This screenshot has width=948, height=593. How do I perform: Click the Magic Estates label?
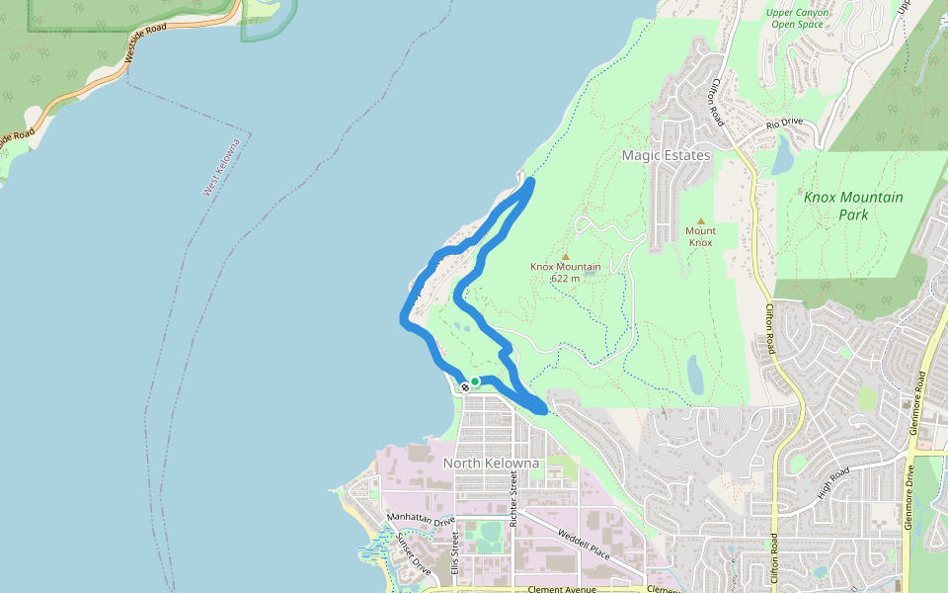(x=666, y=156)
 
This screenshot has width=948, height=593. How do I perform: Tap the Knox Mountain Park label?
(x=853, y=206)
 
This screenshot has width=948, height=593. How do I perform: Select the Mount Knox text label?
(x=700, y=236)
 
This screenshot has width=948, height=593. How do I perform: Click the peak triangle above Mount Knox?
(x=700, y=221)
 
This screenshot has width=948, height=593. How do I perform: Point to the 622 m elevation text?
(x=565, y=278)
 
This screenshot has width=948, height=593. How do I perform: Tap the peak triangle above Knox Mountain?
(x=566, y=256)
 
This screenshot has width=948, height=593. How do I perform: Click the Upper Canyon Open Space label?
(x=797, y=18)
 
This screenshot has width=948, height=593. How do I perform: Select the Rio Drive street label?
(x=785, y=125)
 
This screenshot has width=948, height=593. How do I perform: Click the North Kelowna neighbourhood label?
(x=491, y=463)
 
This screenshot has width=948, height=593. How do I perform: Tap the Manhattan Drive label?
(x=422, y=518)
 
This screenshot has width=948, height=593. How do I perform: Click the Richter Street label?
(x=513, y=496)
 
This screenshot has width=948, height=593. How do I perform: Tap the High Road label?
(x=833, y=483)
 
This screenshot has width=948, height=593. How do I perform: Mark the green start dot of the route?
(x=475, y=381)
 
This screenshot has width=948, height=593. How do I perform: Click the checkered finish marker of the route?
(x=465, y=386)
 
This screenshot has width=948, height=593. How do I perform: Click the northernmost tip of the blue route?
(x=531, y=181)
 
